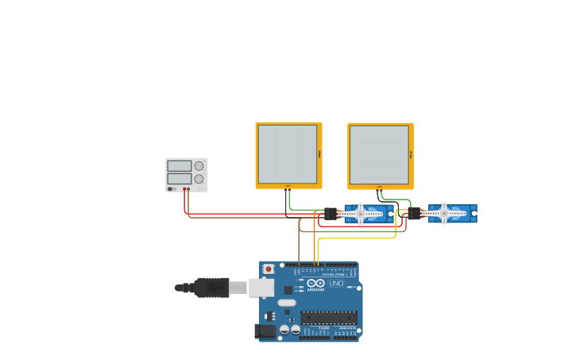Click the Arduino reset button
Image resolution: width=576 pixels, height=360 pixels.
tap(269, 269)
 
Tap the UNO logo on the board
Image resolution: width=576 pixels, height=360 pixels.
tap(336, 284)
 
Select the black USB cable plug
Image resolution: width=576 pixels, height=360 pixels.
tap(212, 287)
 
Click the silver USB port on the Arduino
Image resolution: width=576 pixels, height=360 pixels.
tap(261, 288)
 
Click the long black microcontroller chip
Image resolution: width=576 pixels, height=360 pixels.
tap(328, 318)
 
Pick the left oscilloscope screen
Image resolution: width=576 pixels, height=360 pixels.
tap(287, 154)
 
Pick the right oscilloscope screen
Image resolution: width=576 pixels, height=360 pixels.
tap(379, 154)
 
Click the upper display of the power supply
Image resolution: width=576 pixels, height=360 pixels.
tap(180, 165)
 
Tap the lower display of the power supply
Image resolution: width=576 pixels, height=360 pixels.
tap(180, 179)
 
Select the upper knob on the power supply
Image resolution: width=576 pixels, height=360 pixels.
tap(199, 165)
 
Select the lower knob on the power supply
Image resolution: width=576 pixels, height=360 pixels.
tap(199, 179)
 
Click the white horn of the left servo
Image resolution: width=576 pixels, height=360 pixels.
tap(360, 213)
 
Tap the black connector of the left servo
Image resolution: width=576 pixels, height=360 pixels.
tap(331, 214)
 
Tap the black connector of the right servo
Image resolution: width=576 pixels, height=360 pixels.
tap(416, 213)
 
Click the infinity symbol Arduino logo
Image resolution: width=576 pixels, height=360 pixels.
tap(315, 284)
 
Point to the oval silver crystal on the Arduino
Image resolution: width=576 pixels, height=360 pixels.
tap(287, 303)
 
